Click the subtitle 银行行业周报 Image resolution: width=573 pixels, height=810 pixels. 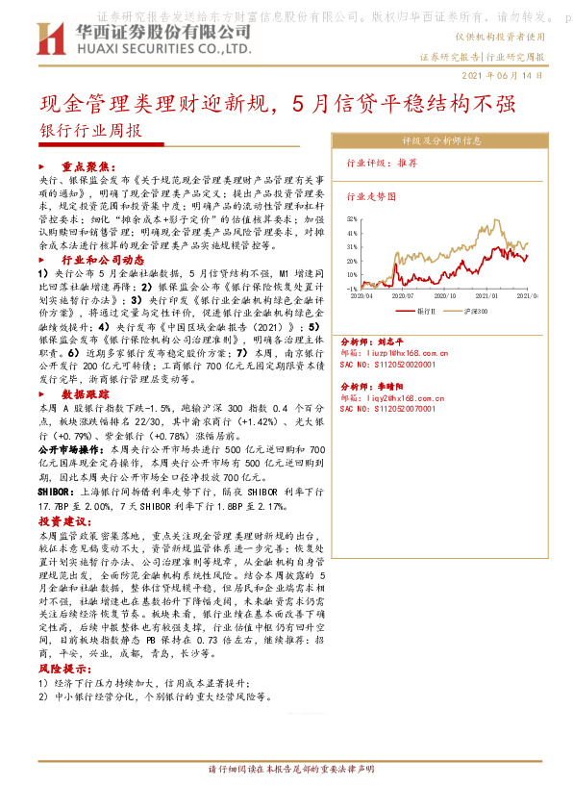click(x=89, y=131)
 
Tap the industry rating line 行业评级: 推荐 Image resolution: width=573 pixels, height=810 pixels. click(x=382, y=164)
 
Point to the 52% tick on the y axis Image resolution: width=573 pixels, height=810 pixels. click(x=352, y=219)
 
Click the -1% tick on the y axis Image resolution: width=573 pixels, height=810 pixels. click(x=352, y=287)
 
